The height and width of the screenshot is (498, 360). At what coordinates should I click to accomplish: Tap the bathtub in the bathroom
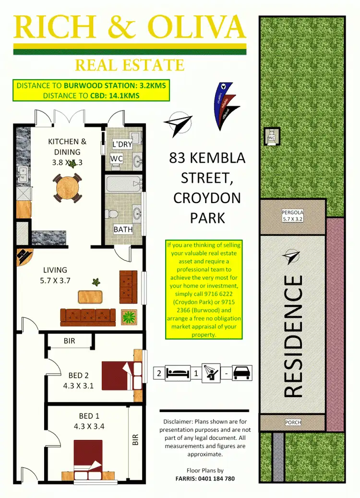point(123,184)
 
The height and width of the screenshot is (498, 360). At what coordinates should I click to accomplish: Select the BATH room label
point(123,230)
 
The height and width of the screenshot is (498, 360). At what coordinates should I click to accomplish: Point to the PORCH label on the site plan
point(292,423)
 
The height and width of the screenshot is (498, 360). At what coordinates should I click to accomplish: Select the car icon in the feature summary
point(241,373)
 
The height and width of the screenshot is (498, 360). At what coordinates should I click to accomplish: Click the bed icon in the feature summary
point(178,373)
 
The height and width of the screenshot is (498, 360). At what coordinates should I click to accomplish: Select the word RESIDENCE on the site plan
point(294,336)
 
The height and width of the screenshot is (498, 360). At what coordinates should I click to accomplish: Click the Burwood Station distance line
point(91,86)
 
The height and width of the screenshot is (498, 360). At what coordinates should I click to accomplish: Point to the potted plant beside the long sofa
point(128,316)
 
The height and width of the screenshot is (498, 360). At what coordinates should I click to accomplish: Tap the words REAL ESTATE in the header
point(130,65)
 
